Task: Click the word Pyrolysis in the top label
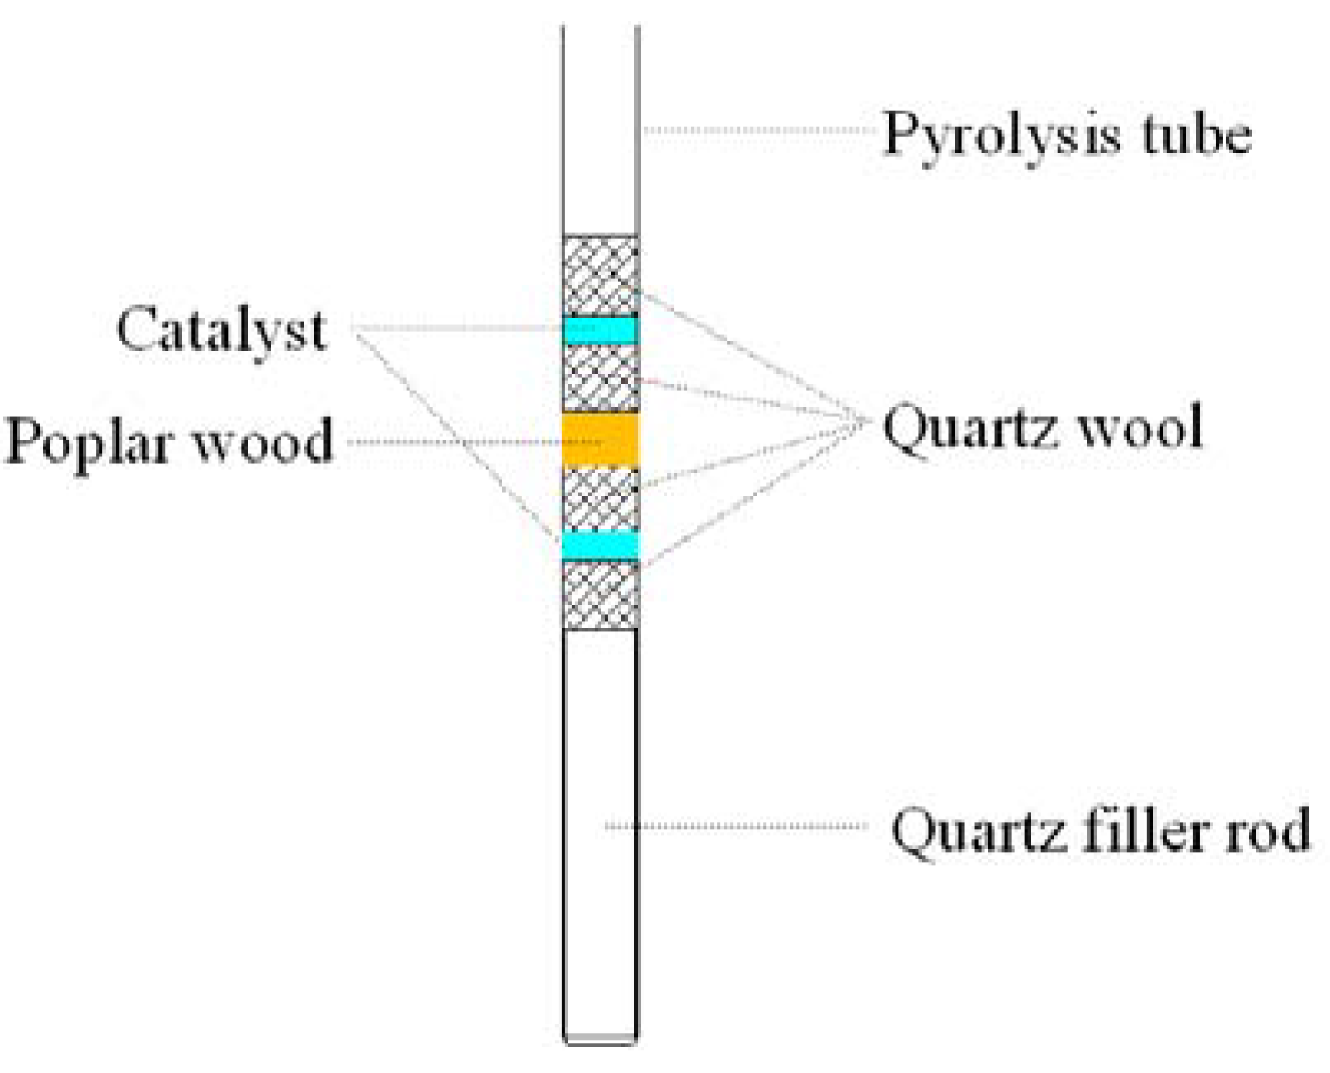pyautogui.click(x=1001, y=134)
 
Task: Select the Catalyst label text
pyautogui.click(x=221, y=329)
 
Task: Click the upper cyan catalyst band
pyautogui.click(x=600, y=331)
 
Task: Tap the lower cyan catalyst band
pyautogui.click(x=600, y=545)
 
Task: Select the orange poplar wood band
pyautogui.click(x=600, y=440)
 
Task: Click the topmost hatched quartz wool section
pyautogui.click(x=600, y=275)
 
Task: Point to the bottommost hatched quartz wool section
pyautogui.click(x=600, y=594)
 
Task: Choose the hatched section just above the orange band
pyautogui.click(x=600, y=378)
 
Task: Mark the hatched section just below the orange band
pyautogui.click(x=600, y=498)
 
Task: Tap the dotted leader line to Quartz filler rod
pyautogui.click(x=734, y=826)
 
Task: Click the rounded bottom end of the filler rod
pyautogui.click(x=600, y=1041)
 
